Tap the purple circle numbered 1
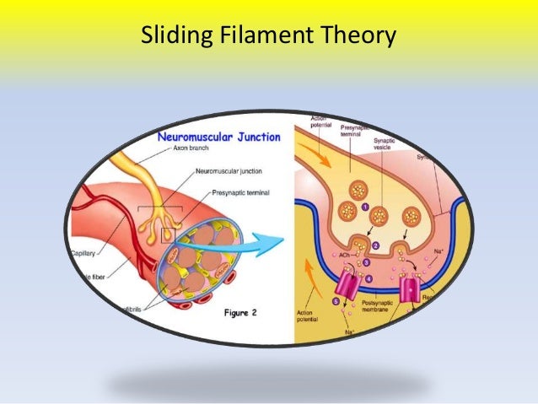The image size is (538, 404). coord(365,205)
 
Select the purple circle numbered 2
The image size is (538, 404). coord(376,245)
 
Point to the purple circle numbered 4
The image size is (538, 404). coord(368,278)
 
